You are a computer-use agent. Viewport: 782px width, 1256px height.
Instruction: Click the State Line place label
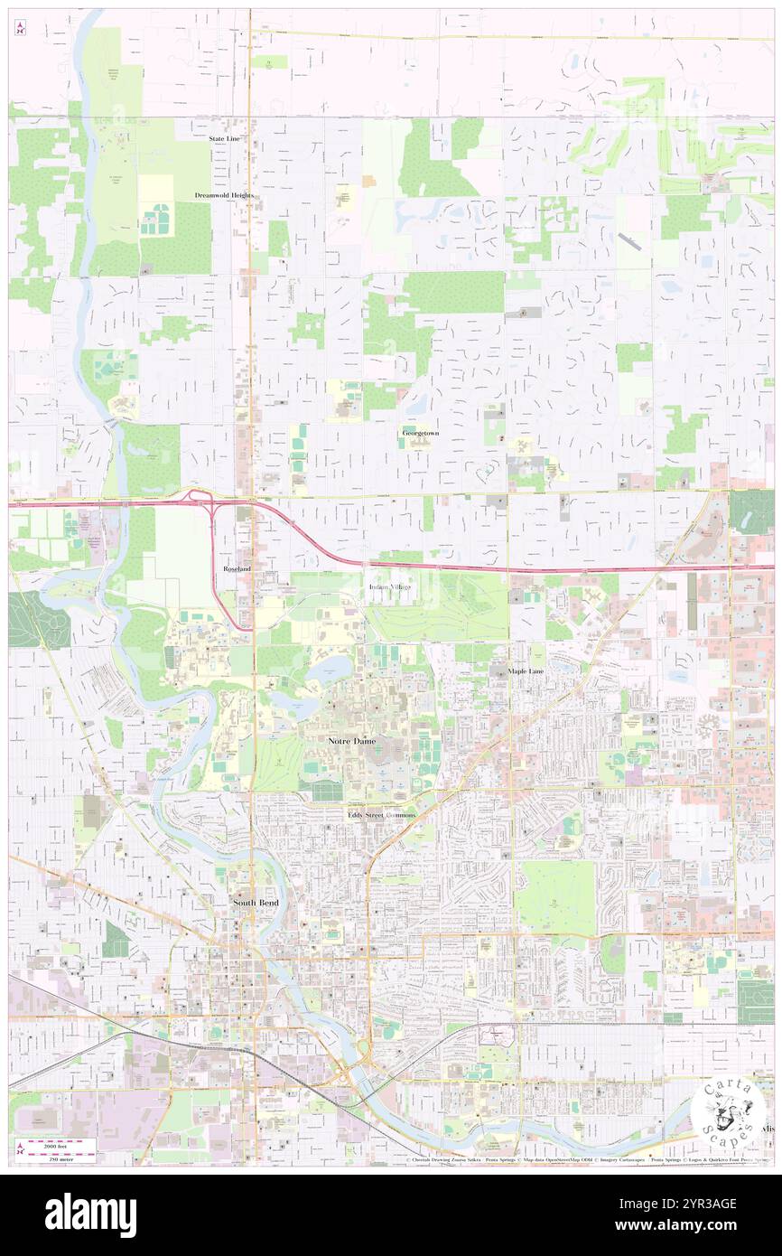224,138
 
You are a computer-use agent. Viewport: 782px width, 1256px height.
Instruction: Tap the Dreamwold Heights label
224,195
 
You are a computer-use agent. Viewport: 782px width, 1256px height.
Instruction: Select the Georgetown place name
420,434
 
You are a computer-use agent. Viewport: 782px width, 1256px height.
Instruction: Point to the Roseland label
237,568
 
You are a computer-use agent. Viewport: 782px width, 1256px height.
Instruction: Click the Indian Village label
389,588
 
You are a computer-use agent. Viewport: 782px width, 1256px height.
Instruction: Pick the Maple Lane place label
529,671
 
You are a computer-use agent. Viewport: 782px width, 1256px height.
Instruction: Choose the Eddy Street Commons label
382,815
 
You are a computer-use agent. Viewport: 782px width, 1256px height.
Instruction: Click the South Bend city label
256,903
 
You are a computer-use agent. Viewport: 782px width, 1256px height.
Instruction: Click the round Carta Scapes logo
728,1112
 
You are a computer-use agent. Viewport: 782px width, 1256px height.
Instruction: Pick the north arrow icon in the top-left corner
20,28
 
